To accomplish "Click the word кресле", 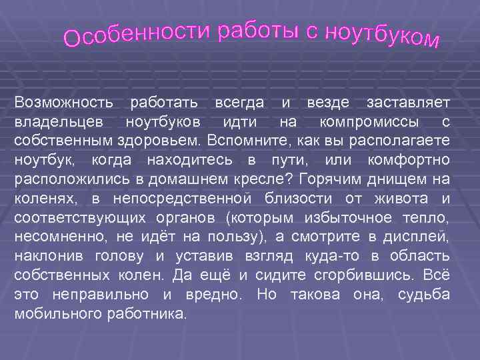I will (x=268, y=180).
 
